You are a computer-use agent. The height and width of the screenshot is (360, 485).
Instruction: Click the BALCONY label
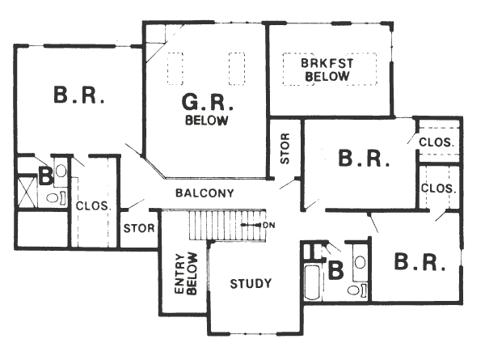tap(205, 193)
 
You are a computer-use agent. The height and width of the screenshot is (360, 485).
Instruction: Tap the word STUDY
tap(251, 283)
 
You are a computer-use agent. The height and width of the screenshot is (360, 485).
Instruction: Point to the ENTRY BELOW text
tap(186, 273)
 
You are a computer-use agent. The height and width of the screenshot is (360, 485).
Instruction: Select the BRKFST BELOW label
tap(327, 70)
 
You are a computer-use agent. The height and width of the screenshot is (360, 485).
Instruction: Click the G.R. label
tap(207, 103)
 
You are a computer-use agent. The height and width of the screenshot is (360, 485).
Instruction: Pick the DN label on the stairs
tap(269, 225)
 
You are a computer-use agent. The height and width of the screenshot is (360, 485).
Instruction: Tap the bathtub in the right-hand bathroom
tap(312, 282)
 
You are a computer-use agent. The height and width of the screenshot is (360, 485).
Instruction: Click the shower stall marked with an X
tap(27, 193)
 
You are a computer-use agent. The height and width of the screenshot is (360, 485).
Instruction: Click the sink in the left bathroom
tap(61, 171)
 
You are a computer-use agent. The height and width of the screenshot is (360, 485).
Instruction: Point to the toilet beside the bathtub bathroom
tap(356, 290)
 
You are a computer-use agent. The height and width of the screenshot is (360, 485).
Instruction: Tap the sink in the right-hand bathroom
tap(360, 262)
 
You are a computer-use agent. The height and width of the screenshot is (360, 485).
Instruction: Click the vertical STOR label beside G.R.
tap(285, 148)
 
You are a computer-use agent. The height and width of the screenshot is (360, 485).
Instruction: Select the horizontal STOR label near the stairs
tap(139, 228)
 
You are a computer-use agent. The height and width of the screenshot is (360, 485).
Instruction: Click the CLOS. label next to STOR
tap(93, 205)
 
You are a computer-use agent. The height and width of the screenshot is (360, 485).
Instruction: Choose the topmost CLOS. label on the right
tap(436, 142)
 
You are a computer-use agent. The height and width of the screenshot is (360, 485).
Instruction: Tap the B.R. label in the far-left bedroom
tap(79, 95)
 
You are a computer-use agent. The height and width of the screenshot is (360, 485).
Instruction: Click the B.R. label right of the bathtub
tap(420, 262)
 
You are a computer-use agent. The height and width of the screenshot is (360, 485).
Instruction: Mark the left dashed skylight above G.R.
tap(175, 69)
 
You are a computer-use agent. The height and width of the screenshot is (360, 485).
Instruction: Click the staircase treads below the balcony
tap(227, 225)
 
